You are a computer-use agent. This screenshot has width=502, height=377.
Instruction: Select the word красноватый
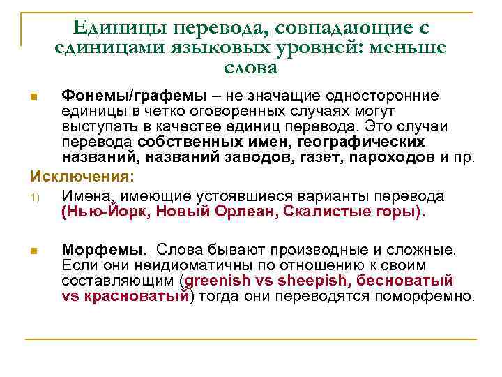pyautogui.click(x=135, y=296)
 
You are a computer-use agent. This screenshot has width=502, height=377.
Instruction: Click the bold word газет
pyautogui.click(x=315, y=157)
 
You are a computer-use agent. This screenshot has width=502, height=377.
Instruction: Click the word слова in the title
pyautogui.click(x=252, y=68)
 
